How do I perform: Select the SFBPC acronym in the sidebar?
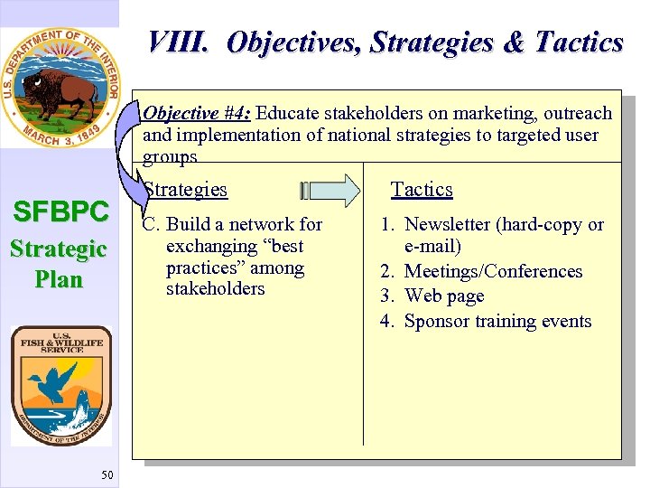click(60, 211)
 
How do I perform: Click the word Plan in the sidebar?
click(59, 279)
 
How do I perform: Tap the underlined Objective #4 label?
click(197, 113)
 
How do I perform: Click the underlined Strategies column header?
click(186, 190)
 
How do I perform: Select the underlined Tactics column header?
click(421, 190)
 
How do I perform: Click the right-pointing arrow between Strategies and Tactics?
click(330, 190)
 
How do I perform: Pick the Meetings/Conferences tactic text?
click(493, 271)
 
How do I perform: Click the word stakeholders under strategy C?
click(216, 289)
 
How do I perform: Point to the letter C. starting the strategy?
click(152, 225)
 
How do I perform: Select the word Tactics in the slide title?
click(579, 42)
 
